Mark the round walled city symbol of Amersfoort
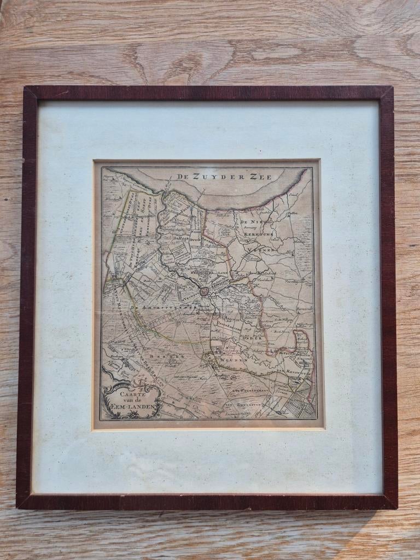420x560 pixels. click(204, 291)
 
